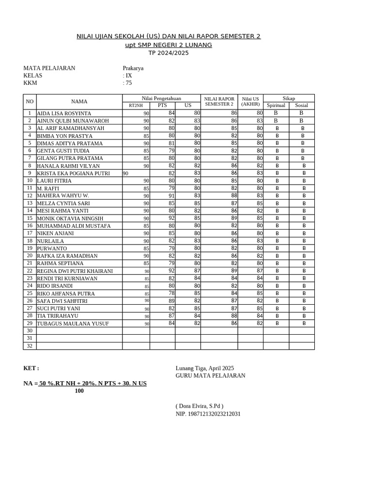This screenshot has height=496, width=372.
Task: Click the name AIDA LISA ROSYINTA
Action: click(x=64, y=113)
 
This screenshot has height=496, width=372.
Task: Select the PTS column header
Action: click(x=162, y=106)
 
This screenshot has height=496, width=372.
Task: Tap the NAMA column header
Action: click(x=79, y=102)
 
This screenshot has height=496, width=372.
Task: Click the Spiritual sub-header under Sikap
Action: click(x=276, y=106)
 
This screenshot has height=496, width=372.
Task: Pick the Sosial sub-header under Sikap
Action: click(x=301, y=106)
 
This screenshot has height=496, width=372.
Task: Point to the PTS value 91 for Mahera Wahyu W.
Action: click(x=171, y=196)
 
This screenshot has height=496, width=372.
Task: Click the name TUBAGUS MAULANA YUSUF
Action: click(x=73, y=324)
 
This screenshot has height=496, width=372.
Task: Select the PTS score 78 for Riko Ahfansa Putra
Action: click(x=171, y=293)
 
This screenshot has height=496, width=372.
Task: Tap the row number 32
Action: click(x=30, y=346)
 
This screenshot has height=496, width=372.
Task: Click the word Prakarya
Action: click(x=133, y=68)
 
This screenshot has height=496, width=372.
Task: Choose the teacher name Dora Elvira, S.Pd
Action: click(x=200, y=406)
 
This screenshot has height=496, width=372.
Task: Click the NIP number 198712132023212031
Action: click(x=208, y=414)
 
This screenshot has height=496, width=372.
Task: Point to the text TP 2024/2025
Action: click(x=169, y=53)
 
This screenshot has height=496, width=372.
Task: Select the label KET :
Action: click(x=31, y=368)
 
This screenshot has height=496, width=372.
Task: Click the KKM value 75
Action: click(x=128, y=83)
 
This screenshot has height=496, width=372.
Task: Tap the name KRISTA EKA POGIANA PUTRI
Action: click(x=73, y=173)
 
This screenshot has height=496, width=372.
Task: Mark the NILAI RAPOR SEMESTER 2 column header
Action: click(x=219, y=101)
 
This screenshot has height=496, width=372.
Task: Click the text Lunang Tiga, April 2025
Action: click(x=204, y=368)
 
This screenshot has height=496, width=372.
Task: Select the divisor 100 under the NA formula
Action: click(x=79, y=391)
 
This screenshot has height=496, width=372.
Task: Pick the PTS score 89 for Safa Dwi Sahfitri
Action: click(x=171, y=301)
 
